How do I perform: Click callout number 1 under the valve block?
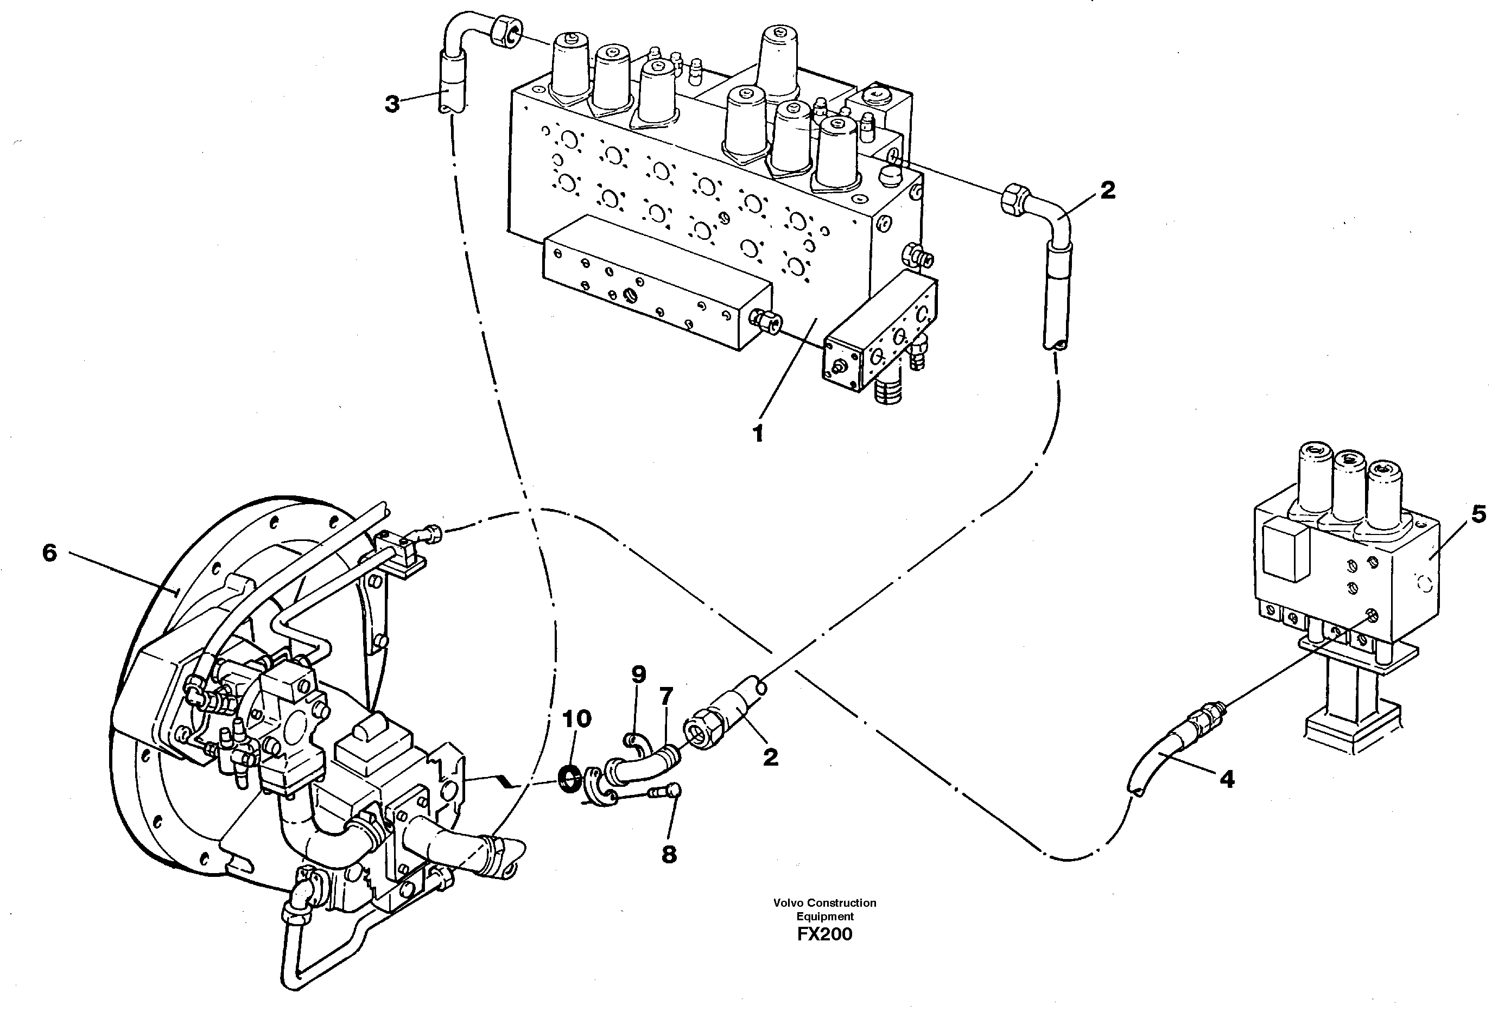click(x=758, y=434)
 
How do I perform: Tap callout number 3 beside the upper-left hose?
click(x=392, y=104)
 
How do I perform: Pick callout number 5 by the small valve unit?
click(x=1478, y=514)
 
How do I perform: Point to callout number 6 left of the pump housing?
click(x=49, y=553)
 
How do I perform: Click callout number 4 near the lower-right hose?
click(x=1227, y=779)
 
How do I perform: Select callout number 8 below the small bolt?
click(x=669, y=855)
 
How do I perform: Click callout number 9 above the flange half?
click(x=638, y=675)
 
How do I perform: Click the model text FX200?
click(x=824, y=934)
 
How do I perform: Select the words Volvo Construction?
click(x=824, y=903)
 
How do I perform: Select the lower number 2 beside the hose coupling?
click(x=771, y=758)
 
